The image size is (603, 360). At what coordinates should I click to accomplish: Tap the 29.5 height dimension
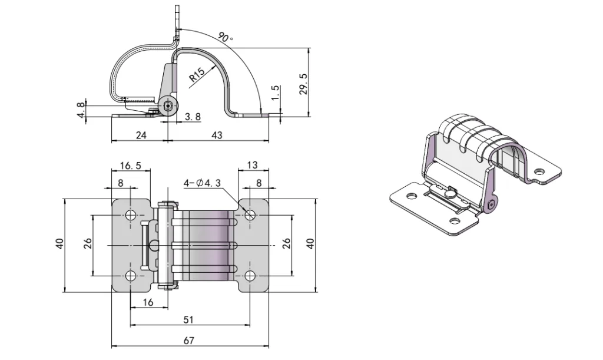[304, 85]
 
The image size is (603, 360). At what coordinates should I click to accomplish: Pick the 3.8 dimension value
[193, 117]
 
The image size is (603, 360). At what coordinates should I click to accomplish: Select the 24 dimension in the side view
[141, 135]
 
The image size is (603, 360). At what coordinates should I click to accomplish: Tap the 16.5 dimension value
[130, 166]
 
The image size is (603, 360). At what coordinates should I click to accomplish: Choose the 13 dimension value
[253, 166]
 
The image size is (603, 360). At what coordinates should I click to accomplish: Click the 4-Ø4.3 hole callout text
[202, 183]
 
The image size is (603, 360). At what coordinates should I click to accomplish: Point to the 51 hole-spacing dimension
[189, 319]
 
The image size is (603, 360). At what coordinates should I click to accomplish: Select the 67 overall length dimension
[189, 340]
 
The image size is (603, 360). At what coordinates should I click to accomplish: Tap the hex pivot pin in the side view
[169, 107]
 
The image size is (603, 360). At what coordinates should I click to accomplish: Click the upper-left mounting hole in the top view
[131, 214]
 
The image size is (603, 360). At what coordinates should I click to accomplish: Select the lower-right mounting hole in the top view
[250, 276]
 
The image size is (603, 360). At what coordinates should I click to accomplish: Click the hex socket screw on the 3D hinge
[492, 204]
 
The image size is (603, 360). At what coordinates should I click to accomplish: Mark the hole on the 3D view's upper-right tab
[538, 171]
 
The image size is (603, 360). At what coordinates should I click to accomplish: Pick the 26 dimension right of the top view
[286, 243]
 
